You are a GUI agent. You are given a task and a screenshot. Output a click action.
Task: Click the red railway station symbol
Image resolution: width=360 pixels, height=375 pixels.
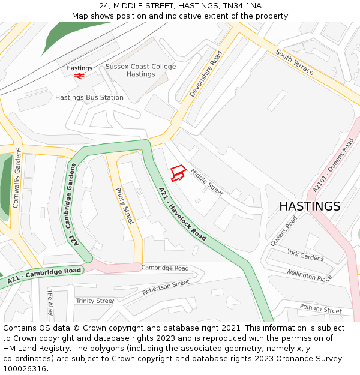[x=79, y=76]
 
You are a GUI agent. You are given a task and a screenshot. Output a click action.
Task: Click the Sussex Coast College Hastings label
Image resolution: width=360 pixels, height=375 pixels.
[x=141, y=70]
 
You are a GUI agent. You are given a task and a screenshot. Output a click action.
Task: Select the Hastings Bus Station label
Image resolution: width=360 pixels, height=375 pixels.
[x=89, y=97]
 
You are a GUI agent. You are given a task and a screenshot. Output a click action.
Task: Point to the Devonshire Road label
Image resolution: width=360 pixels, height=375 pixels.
[x=206, y=74]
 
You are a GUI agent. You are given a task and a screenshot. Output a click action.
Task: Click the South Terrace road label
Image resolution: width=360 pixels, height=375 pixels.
[x=295, y=62]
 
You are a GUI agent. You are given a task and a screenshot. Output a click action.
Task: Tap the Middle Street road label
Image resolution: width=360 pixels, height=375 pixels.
[x=207, y=182]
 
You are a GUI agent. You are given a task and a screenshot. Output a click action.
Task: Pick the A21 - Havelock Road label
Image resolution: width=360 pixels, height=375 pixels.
[x=182, y=214]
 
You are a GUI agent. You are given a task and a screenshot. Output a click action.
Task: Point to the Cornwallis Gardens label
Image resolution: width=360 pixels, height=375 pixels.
[x=17, y=178]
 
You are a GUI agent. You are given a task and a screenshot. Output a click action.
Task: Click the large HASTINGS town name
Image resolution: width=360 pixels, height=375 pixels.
[x=310, y=206]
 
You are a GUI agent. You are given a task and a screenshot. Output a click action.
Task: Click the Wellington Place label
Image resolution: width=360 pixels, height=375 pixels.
[x=309, y=276]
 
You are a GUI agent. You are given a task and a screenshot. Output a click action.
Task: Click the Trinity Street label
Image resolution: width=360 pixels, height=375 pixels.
[x=95, y=301]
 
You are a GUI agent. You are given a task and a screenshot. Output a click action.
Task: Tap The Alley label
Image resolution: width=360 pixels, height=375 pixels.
[x=50, y=302]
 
